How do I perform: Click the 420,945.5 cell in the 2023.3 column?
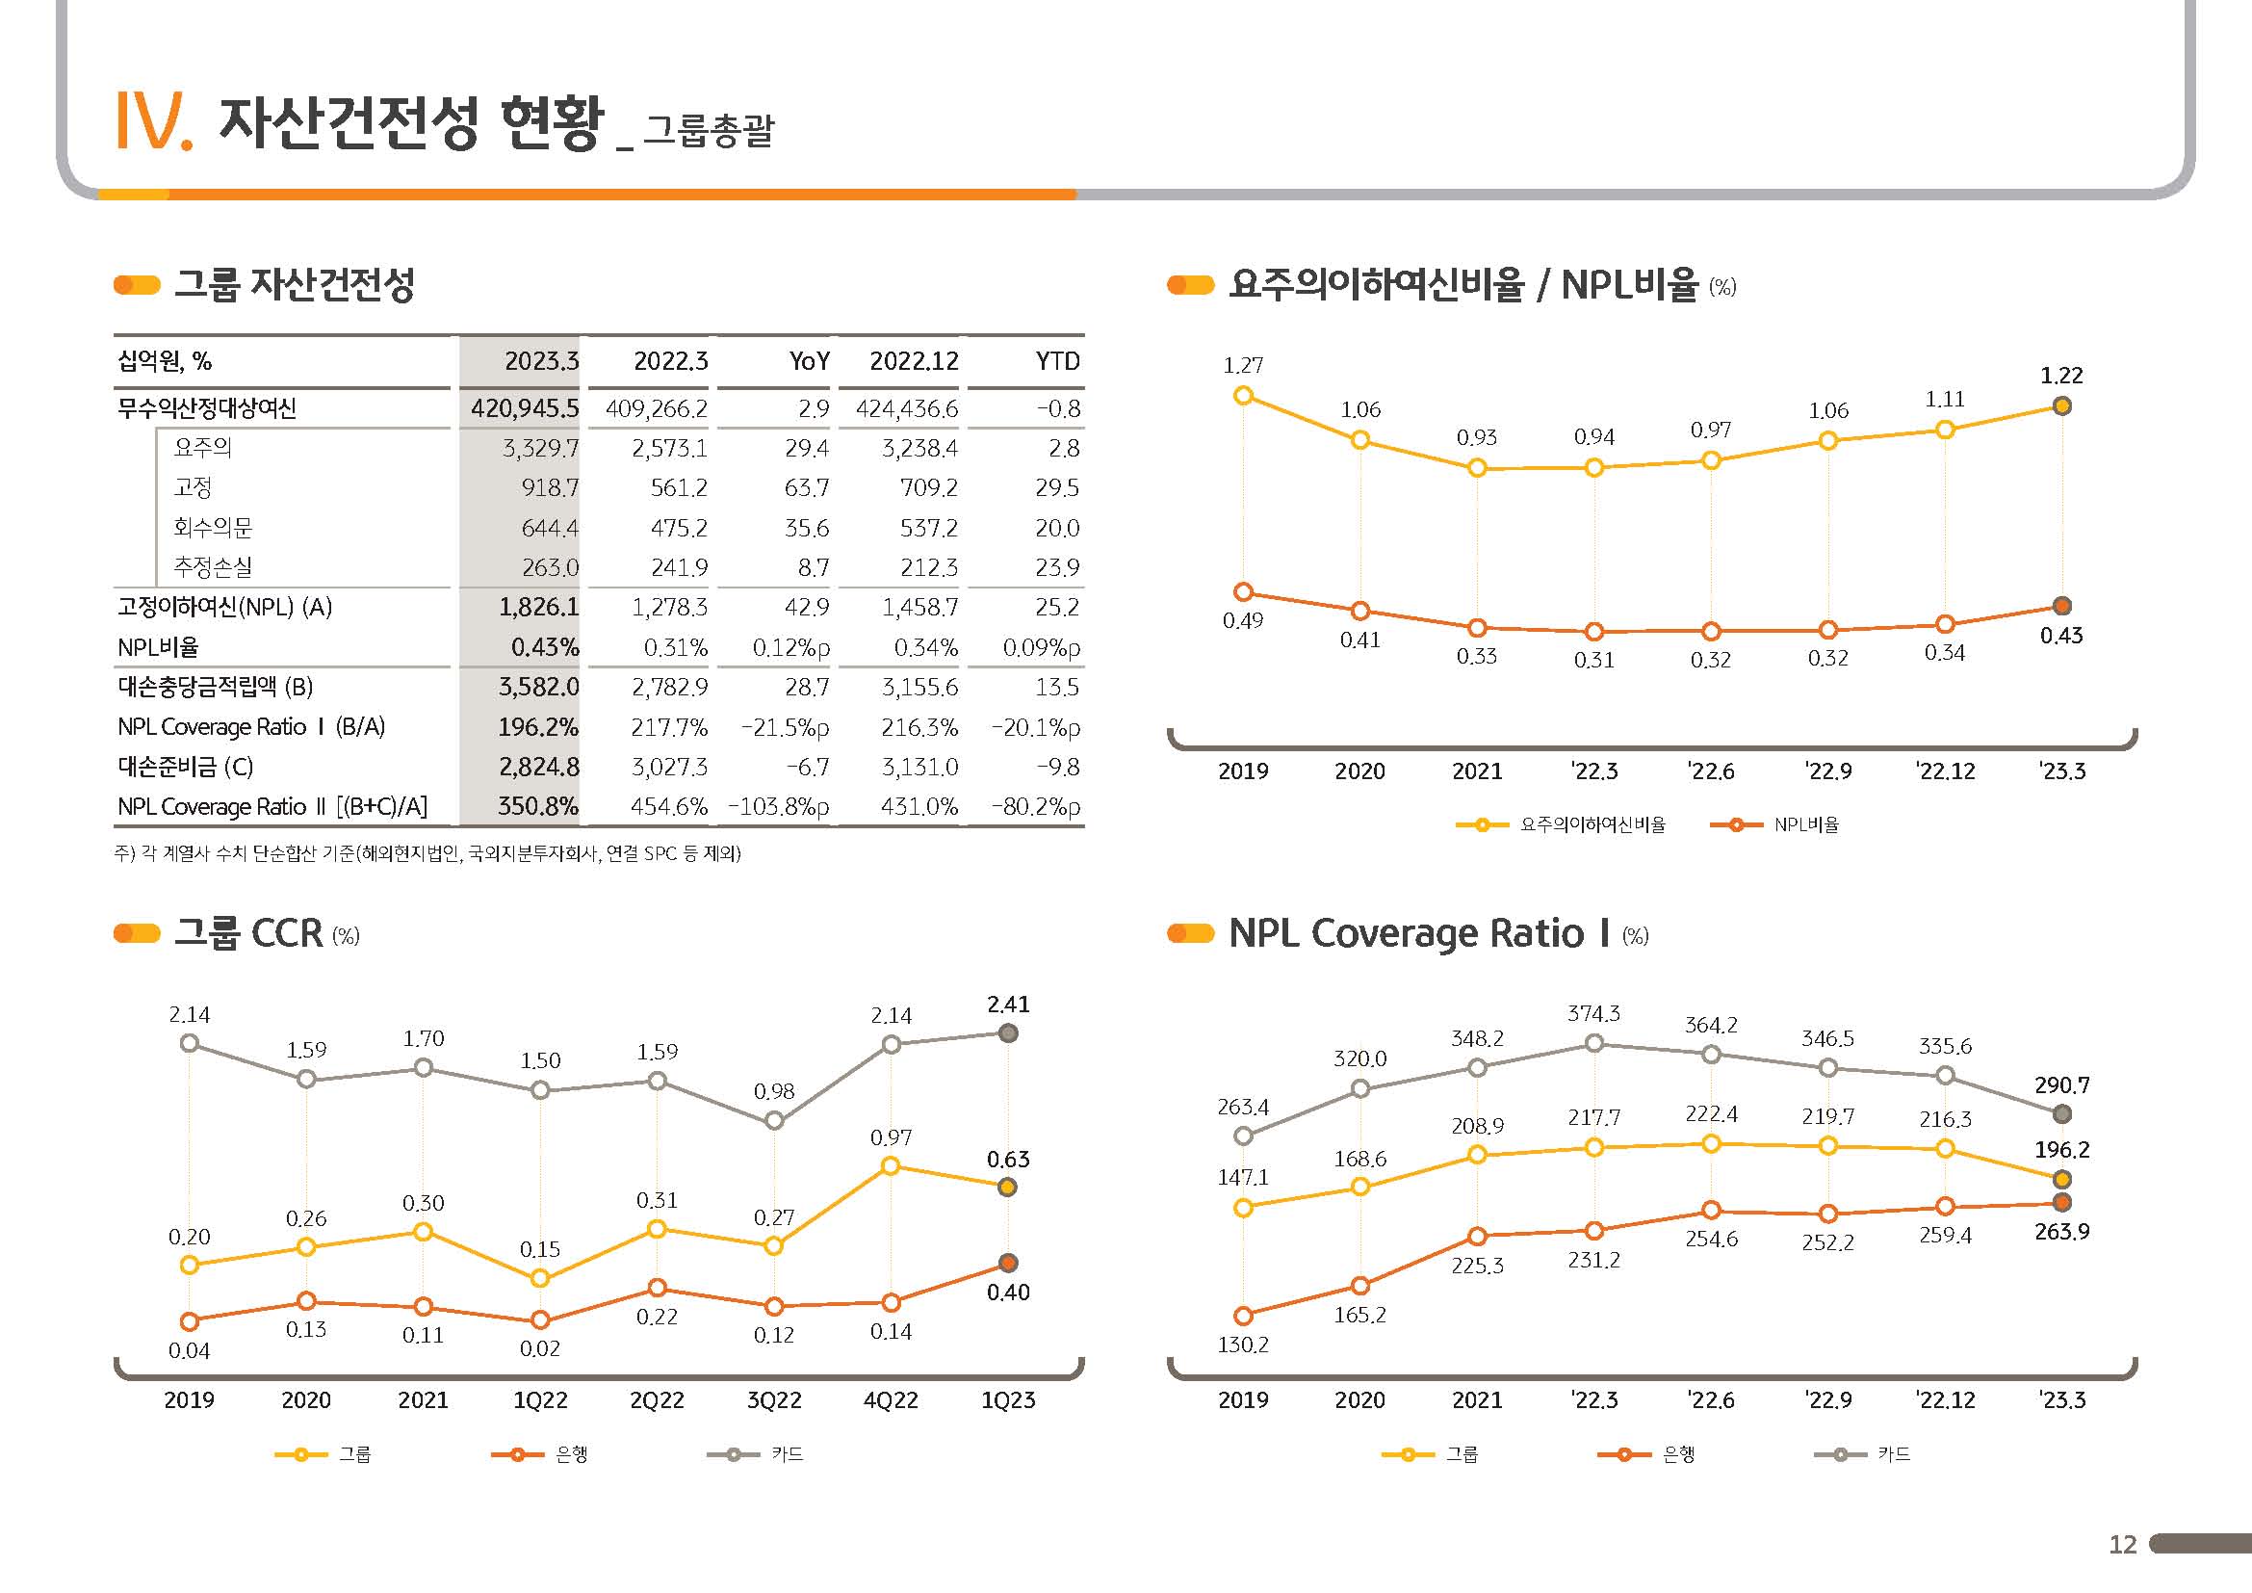point(525,408)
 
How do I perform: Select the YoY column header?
point(809,361)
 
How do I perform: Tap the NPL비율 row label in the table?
point(158,647)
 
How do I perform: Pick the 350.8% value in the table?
point(537,806)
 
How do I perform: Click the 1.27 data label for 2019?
point(1243,366)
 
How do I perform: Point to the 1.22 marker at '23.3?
point(2061,406)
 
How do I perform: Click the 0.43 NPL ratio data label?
point(2060,636)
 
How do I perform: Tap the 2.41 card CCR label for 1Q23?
point(1008,1005)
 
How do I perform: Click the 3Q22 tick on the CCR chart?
point(774,1399)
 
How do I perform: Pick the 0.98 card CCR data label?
point(774,1091)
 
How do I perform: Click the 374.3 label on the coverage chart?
point(1593,1013)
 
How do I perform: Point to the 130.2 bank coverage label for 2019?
point(1243,1345)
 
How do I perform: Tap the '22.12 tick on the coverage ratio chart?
point(1945,1399)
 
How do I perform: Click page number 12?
point(2123,1545)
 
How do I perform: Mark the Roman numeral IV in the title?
point(153,122)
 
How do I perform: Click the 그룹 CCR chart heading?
point(248,933)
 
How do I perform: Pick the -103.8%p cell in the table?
point(778,806)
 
